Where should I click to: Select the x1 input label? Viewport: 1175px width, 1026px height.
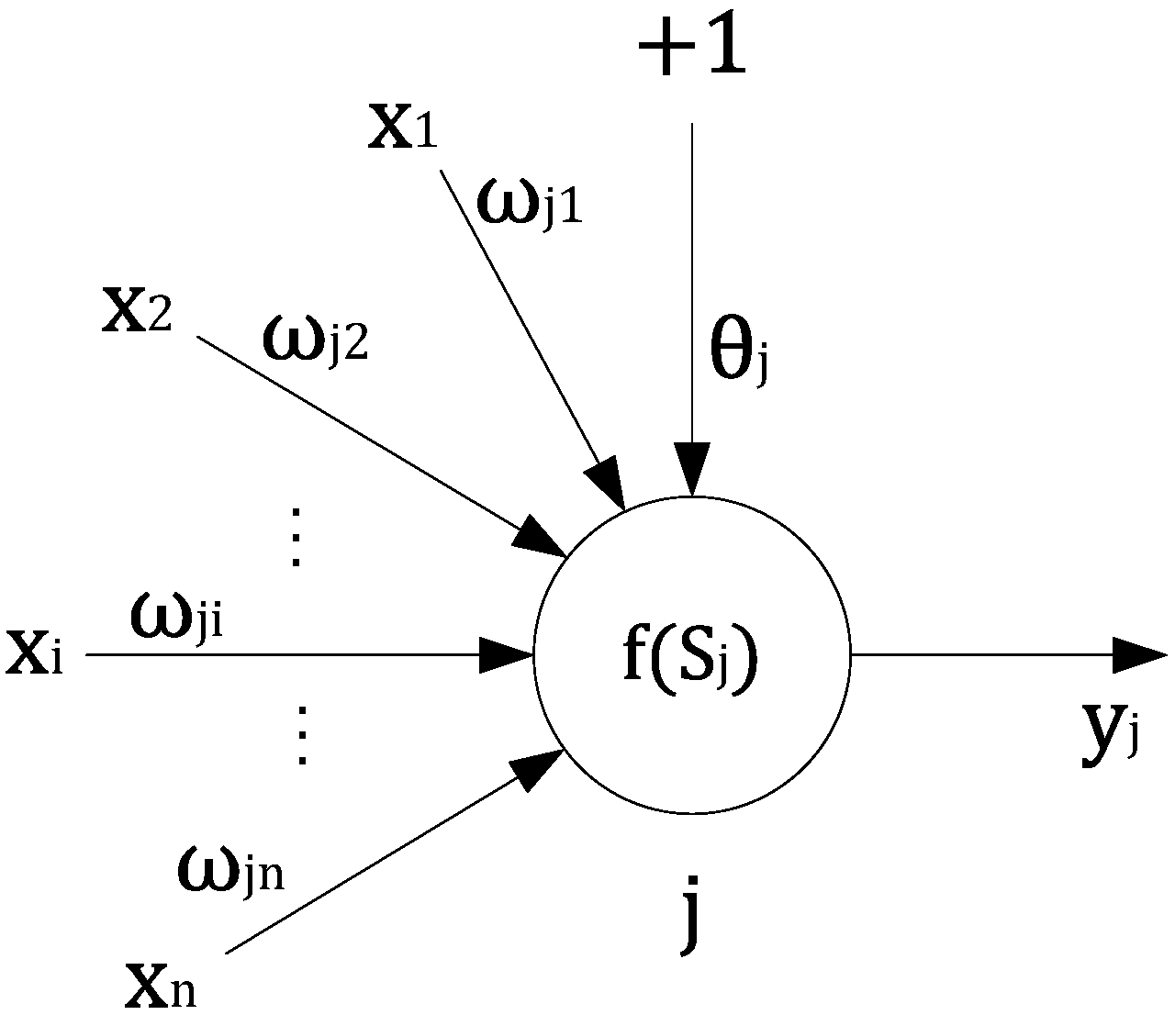point(403,128)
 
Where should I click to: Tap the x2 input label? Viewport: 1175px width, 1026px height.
point(135,313)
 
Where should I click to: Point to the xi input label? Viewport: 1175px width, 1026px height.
point(34,653)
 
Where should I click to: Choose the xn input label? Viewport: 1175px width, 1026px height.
point(160,989)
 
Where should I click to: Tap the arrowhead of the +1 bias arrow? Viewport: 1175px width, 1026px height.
point(692,468)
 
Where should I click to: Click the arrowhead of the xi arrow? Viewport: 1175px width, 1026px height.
point(507,655)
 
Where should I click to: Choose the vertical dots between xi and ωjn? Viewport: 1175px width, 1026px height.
point(300,734)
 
